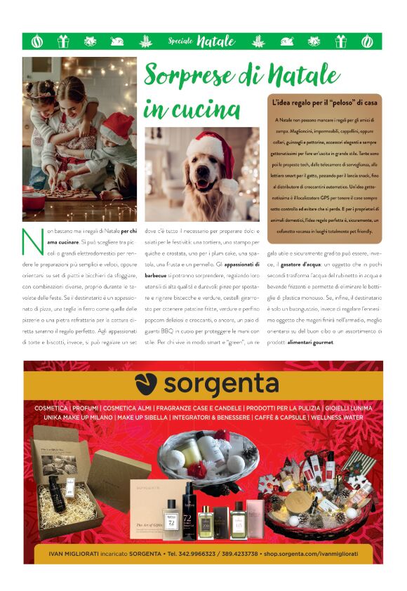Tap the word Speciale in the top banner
[180, 41]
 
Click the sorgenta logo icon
[146, 385]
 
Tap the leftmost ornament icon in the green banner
[36, 41]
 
